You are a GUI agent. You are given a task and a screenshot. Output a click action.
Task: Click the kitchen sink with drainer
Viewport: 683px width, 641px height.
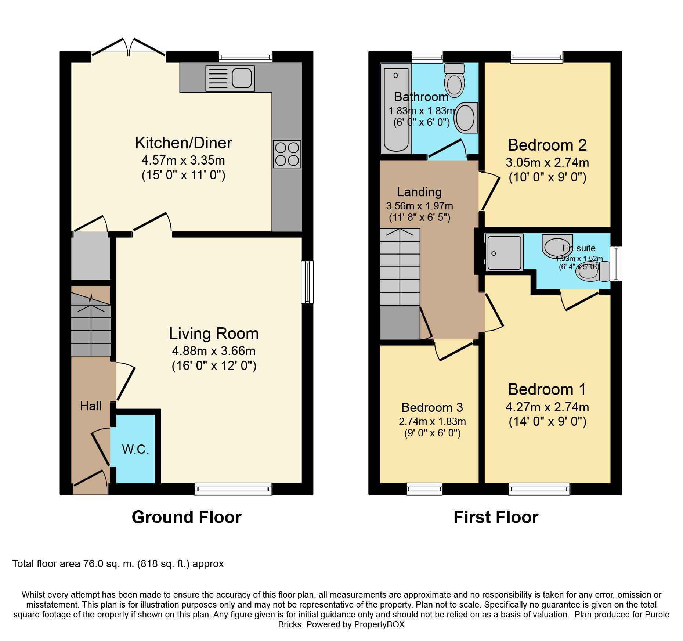click(230, 78)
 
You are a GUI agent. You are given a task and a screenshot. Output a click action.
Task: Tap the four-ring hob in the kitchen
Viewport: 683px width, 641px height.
click(287, 154)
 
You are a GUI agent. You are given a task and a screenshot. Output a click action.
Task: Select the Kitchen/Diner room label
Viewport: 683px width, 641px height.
click(183, 143)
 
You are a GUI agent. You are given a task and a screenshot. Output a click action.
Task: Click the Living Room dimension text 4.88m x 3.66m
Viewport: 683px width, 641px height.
click(214, 351)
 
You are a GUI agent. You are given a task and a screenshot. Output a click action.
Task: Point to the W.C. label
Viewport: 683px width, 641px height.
click(135, 449)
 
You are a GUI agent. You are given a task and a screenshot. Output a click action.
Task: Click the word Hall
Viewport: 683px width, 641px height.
click(91, 406)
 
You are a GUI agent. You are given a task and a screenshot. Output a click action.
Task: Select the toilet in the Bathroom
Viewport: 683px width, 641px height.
click(454, 80)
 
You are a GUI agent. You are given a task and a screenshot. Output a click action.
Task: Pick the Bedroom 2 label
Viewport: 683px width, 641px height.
click(547, 145)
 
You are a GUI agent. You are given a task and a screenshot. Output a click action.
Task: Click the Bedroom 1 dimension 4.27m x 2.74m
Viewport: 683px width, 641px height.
click(547, 407)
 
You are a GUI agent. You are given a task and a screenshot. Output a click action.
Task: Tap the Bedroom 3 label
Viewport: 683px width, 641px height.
click(432, 407)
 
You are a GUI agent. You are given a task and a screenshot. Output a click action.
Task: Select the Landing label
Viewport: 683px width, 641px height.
click(419, 192)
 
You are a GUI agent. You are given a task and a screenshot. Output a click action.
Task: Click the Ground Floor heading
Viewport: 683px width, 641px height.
click(187, 517)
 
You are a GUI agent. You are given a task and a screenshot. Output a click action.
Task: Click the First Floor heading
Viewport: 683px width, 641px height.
click(496, 517)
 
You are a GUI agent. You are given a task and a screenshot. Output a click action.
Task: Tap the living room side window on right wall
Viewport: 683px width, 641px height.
click(307, 282)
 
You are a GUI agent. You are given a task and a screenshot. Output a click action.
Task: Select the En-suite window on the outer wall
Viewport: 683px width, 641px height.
click(616, 264)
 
